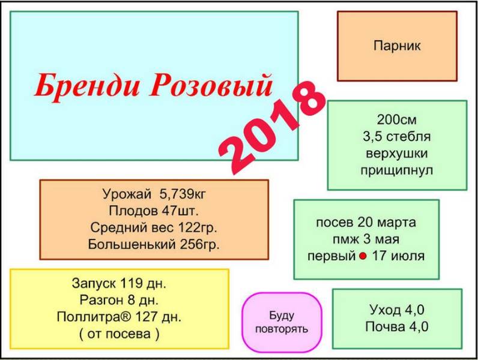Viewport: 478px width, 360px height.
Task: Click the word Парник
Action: pos(397,46)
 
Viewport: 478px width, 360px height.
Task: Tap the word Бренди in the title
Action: pos(87,85)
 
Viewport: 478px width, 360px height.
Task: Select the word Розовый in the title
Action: pos(211,85)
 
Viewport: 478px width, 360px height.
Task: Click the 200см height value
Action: pos(396,119)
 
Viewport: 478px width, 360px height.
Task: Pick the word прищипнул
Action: pos(396,170)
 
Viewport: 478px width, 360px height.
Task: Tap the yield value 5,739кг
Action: pos(183,194)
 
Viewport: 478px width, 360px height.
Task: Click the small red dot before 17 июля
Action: pos(363,256)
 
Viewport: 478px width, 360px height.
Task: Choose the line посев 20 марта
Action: pos(366,223)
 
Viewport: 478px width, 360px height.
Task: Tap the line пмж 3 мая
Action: pos(366,239)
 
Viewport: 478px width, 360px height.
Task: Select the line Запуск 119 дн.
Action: pos(119,284)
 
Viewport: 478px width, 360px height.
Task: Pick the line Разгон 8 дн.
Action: pos(119,301)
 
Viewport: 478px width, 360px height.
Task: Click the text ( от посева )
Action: pos(119,334)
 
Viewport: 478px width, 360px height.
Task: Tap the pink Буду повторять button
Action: pos(282,323)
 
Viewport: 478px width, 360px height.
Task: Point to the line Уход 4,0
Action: pos(397,310)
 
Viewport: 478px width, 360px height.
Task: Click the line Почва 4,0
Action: pos(397,327)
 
